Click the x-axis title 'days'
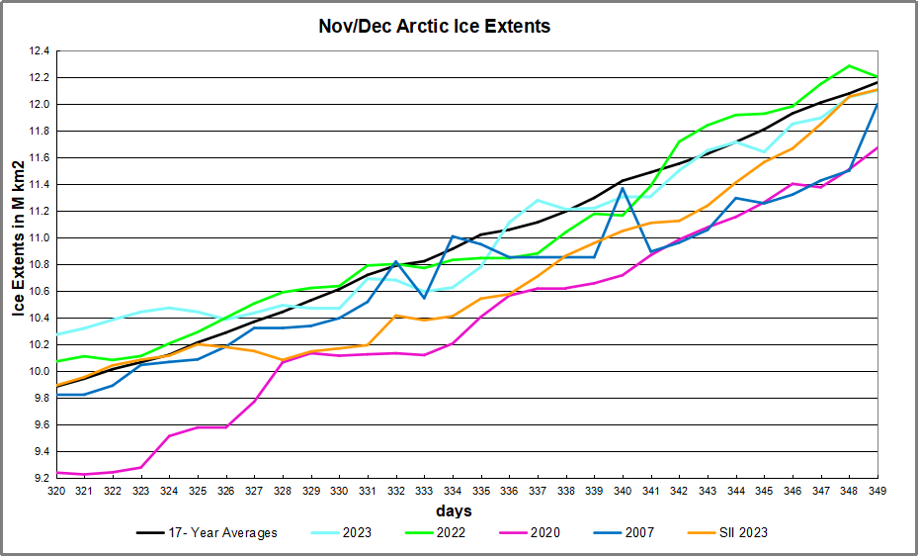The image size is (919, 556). coord(454,511)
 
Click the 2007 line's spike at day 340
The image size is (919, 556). coord(623,188)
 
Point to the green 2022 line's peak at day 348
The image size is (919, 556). coord(849,65)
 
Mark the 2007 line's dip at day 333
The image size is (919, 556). coord(424,298)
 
